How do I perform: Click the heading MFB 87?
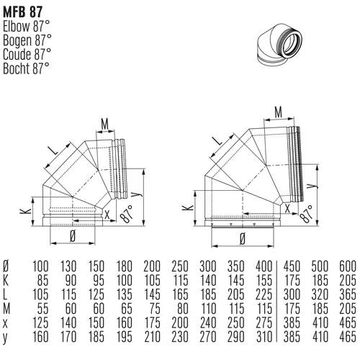(x=23, y=12)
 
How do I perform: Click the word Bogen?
(x=17, y=41)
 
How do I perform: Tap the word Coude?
(x=17, y=54)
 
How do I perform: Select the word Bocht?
(x=17, y=68)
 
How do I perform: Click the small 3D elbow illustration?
(x=279, y=45)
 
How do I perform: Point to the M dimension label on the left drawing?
(x=105, y=124)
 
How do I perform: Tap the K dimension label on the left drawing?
(x=26, y=211)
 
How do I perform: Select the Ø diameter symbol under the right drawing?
(x=243, y=239)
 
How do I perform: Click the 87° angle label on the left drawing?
(x=126, y=214)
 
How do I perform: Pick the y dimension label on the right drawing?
(x=311, y=186)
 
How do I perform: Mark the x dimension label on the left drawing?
(x=107, y=215)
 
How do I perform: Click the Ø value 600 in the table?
(x=348, y=266)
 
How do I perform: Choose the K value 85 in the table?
(x=42, y=280)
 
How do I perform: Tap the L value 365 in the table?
(x=348, y=294)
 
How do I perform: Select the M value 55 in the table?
(x=42, y=308)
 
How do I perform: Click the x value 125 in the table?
(x=40, y=323)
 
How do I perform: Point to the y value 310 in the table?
(x=264, y=336)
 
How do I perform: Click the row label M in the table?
(x=6, y=308)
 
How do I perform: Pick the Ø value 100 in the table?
(x=40, y=266)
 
